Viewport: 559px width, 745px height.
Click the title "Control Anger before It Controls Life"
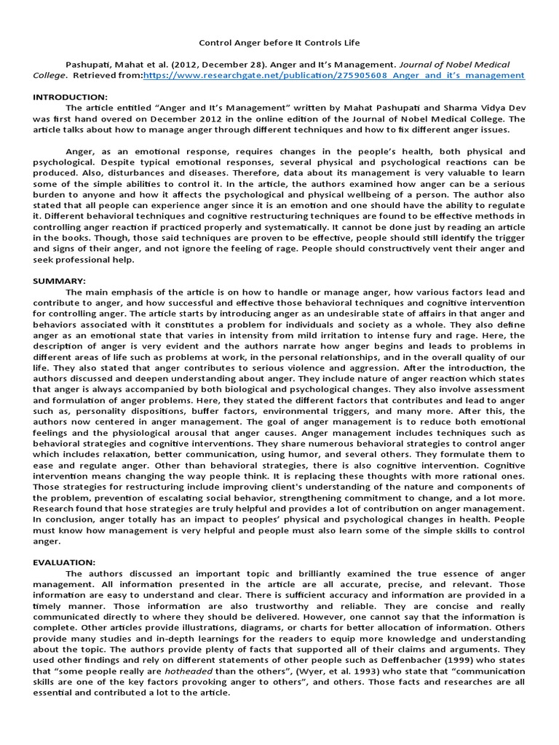click(279, 43)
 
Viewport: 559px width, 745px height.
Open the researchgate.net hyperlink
click(333, 75)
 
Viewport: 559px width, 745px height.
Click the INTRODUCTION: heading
click(71, 97)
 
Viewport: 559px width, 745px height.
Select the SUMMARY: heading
click(60, 280)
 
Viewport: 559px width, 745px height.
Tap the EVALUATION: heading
click(65, 562)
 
